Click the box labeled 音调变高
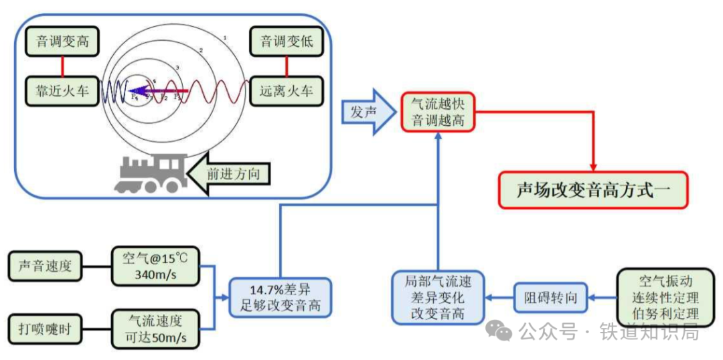pos(63,41)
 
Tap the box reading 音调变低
pos(286,41)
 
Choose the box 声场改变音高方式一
pos(592,190)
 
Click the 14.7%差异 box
pos(280,298)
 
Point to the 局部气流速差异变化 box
pos(438,298)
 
